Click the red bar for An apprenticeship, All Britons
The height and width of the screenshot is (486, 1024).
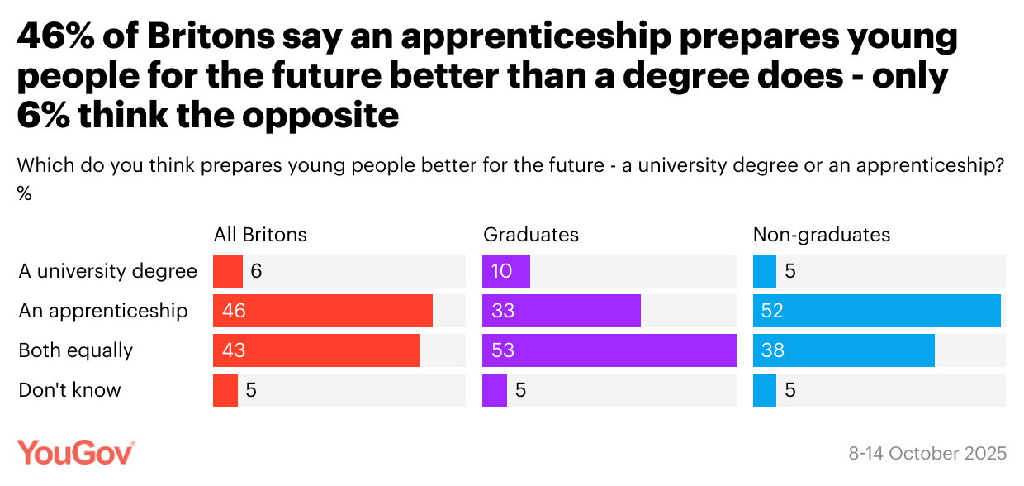tap(323, 311)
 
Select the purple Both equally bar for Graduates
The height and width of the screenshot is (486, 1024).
tap(609, 350)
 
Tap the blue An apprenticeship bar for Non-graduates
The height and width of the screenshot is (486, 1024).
tap(876, 311)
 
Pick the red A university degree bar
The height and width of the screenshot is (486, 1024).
tap(227, 271)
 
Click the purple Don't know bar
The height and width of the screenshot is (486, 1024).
tap(494, 390)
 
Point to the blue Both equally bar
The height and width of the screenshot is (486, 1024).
tap(843, 350)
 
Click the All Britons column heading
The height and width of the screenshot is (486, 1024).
tap(260, 235)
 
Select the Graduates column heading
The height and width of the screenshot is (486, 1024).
tap(530, 235)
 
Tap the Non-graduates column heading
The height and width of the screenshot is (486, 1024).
tap(821, 235)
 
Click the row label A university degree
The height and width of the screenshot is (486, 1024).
tap(108, 271)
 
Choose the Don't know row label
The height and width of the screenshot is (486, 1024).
tap(69, 390)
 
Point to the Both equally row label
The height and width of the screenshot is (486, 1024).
tap(75, 350)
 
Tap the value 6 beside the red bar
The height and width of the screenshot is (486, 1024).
tap(256, 271)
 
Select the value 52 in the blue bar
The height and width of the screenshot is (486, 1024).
tap(772, 311)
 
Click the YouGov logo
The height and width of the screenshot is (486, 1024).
tap(75, 453)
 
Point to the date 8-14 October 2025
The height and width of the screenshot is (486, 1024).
tap(927, 454)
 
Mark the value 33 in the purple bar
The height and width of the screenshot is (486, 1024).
tap(503, 311)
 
